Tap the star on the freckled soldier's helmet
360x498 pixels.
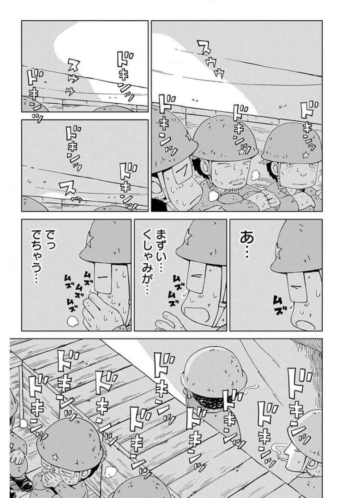click(306, 155)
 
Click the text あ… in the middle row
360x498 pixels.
click(246, 244)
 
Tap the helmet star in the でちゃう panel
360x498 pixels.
click(90, 238)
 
